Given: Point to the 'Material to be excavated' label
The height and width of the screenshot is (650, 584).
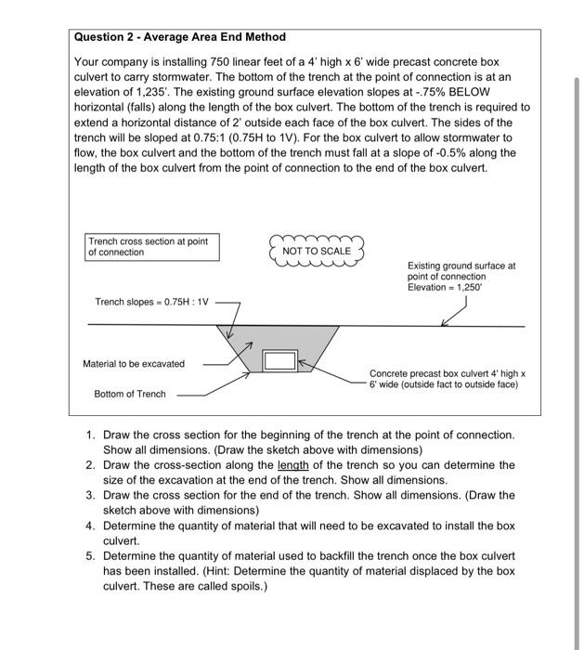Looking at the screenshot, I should pos(134,363).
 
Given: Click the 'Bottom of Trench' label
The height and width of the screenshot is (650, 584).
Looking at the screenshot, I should pos(130,394).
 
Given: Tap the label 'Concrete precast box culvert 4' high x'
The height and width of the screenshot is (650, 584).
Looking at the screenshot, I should pos(448,372).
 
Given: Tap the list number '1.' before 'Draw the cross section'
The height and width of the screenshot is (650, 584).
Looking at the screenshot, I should pos(90,435).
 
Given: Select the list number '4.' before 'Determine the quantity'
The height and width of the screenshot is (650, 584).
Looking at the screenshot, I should pos(90,526).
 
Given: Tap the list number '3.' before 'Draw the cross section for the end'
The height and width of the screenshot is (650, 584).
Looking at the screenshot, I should pos(90,495).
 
